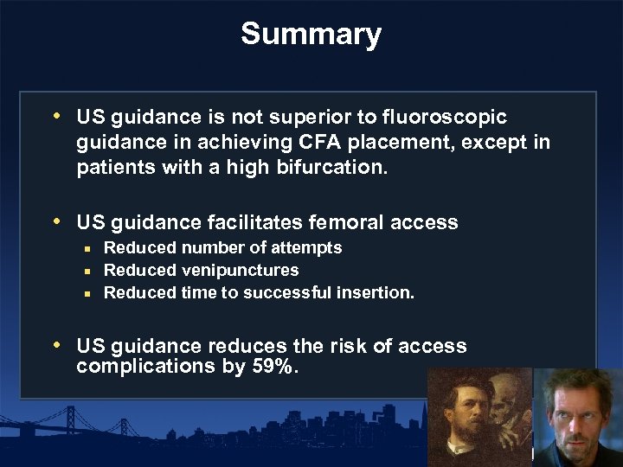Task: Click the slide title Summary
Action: coord(311,35)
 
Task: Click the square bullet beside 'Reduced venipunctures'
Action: coord(87,271)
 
